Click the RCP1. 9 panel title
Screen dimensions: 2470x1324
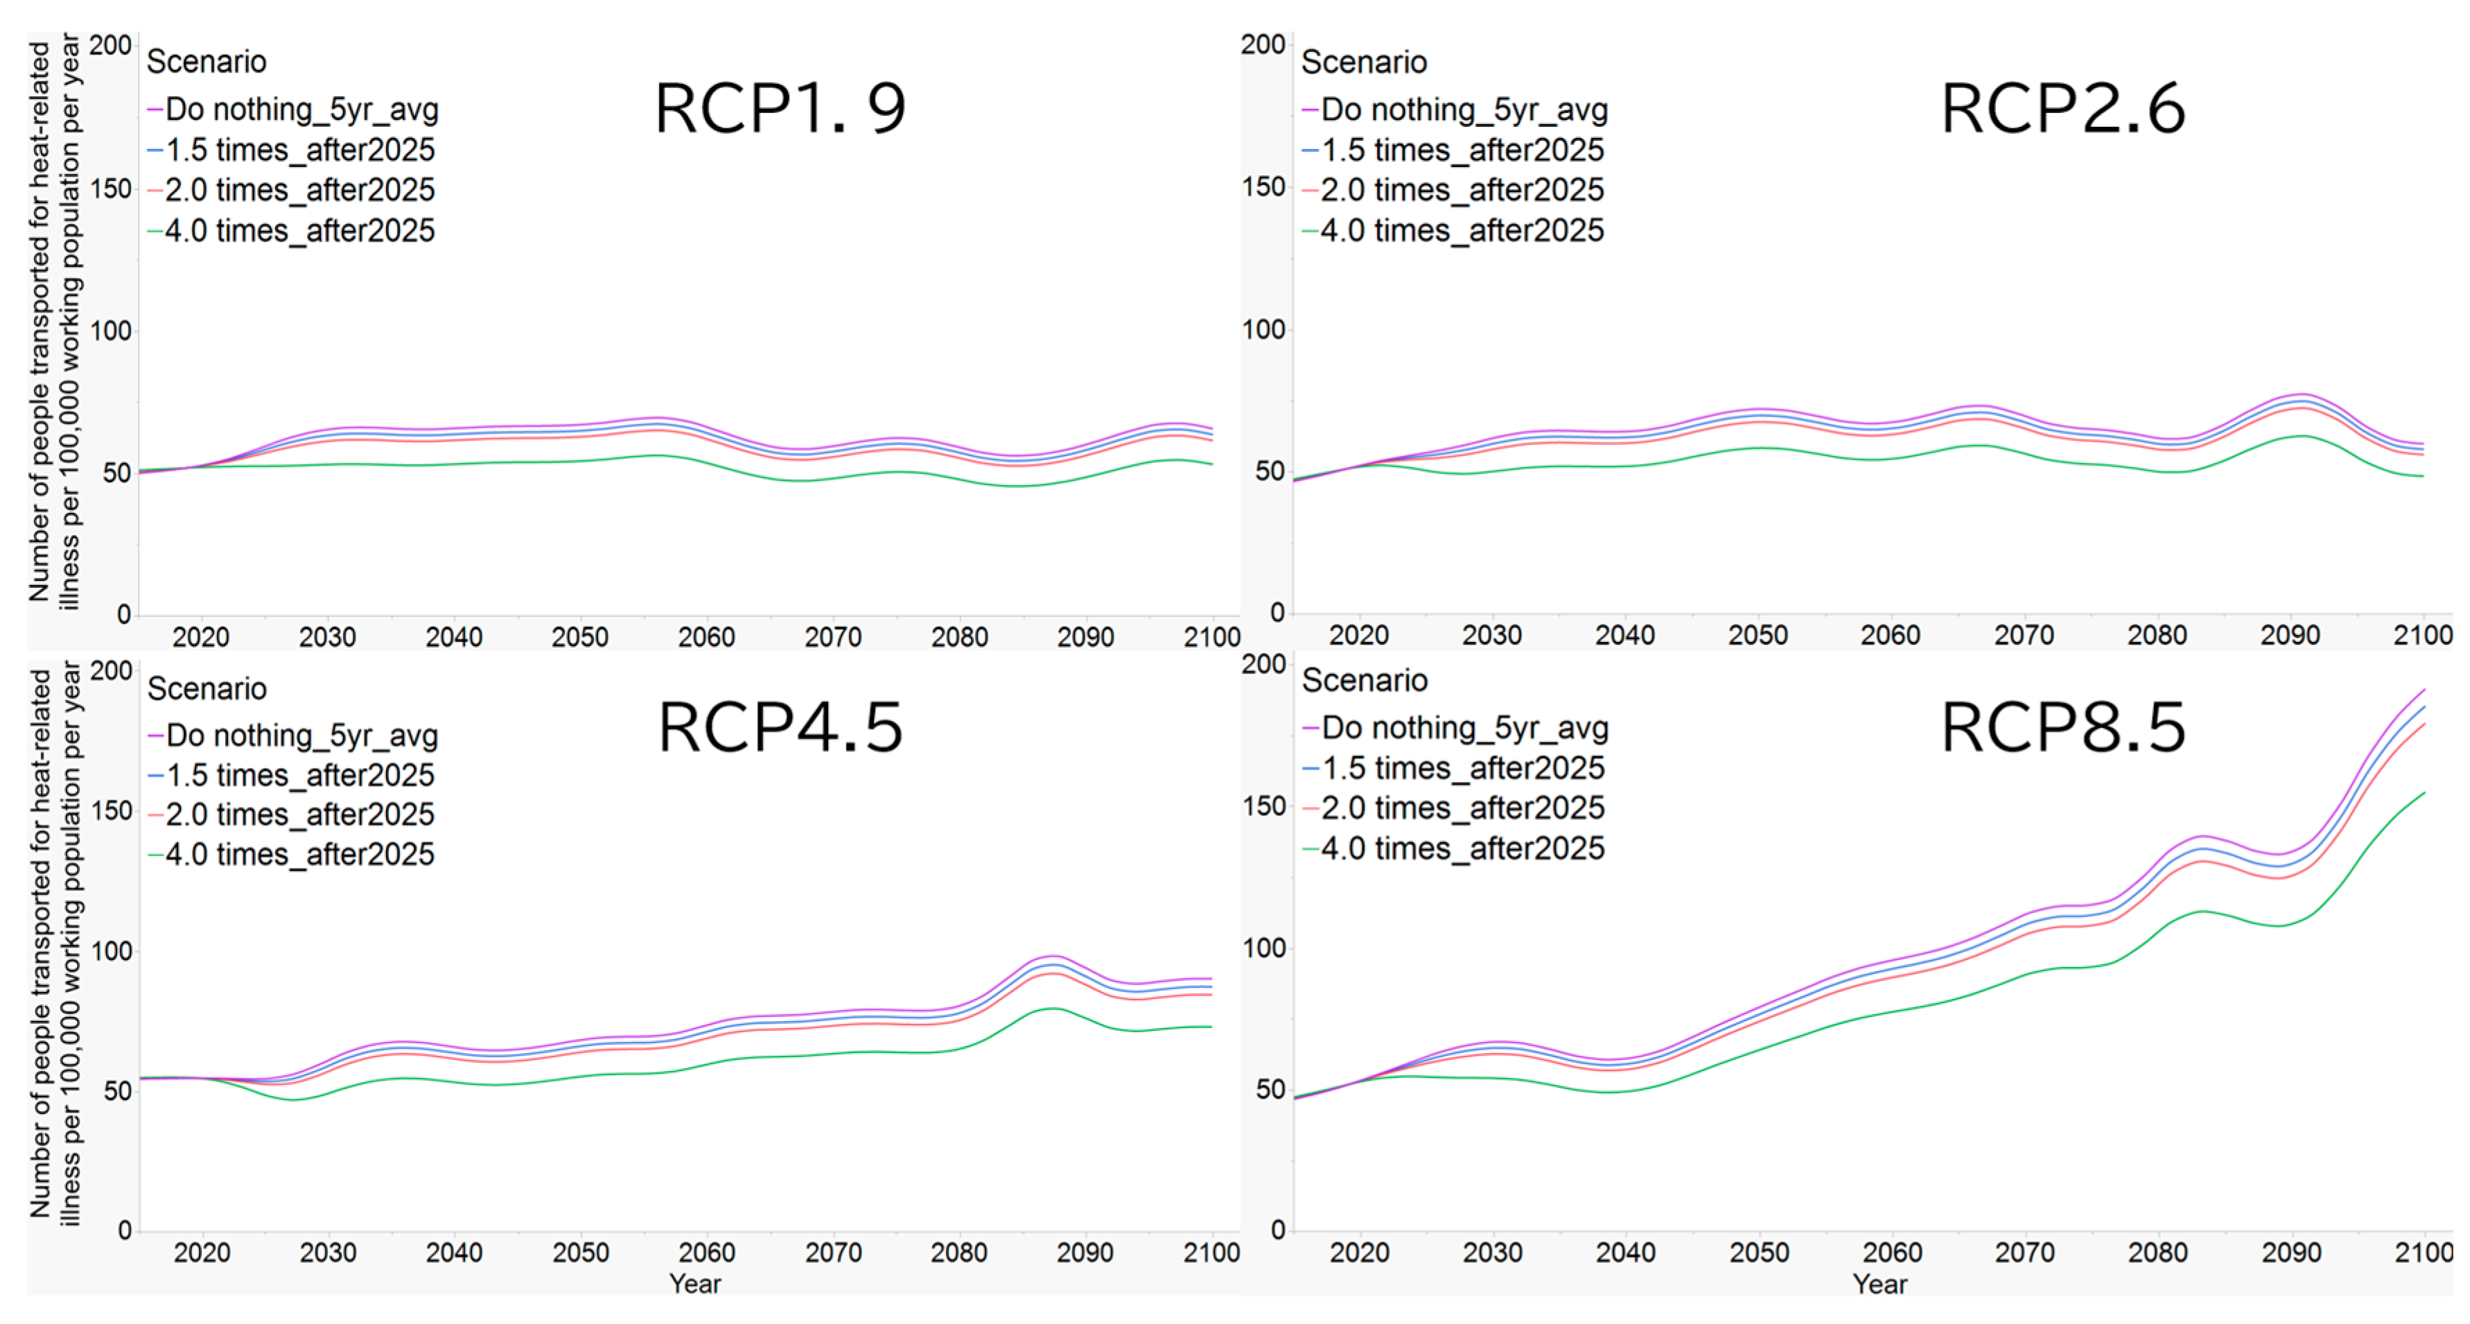click(780, 108)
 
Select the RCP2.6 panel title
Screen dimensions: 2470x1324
click(2062, 108)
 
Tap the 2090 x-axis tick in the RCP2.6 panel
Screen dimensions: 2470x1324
click(2290, 636)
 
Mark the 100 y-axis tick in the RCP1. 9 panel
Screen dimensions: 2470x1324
click(110, 332)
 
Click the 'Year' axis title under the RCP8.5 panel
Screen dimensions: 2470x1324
click(1880, 1284)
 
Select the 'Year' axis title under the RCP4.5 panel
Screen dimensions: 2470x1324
click(695, 1284)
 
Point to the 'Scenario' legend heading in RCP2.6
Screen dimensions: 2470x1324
click(1363, 62)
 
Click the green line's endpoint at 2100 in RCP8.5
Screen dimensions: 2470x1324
click(2424, 793)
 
